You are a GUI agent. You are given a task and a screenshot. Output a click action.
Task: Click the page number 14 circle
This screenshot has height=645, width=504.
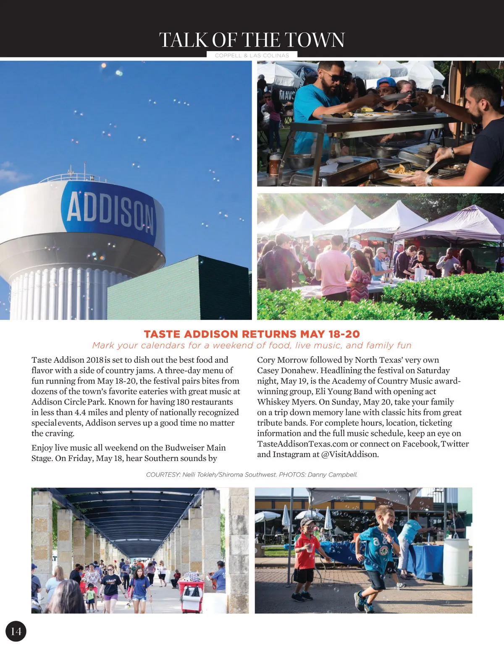pos(16,631)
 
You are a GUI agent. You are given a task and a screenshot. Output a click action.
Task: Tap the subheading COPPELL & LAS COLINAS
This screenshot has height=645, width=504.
pos(252,55)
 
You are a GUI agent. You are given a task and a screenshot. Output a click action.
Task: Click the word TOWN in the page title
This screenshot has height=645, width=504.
pos(315,40)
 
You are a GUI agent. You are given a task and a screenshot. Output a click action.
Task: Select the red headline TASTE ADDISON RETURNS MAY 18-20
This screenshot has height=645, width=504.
pos(252,334)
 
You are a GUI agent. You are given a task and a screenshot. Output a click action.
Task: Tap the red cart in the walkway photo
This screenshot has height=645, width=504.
pos(192,594)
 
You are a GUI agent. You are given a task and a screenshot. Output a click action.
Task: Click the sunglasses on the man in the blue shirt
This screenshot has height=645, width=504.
pos(331,78)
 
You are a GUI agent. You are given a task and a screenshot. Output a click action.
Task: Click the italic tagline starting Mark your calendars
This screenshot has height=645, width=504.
pos(252,345)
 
